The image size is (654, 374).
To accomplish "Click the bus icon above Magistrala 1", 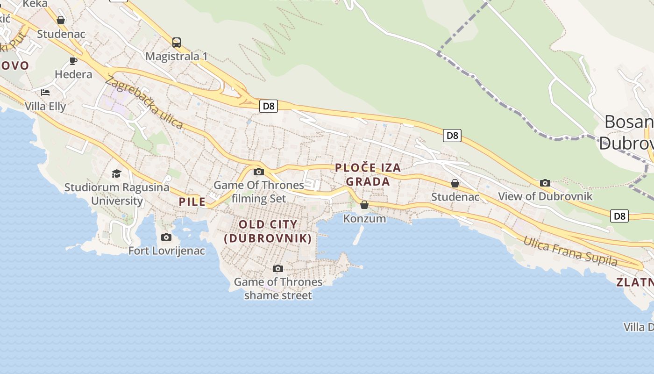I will tap(177, 43).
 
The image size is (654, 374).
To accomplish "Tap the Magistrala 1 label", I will tap(177, 57).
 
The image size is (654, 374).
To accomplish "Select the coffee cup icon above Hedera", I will tap(73, 61).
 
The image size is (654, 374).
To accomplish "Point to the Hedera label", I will tap(73, 74).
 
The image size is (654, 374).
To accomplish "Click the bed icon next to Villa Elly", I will tap(45, 93).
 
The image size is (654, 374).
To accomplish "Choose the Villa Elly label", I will tap(45, 106).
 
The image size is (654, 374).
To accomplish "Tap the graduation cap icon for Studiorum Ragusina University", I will tap(116, 174).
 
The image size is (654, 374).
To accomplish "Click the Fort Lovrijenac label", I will tap(167, 251).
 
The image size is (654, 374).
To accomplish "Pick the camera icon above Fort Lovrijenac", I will tap(166, 237).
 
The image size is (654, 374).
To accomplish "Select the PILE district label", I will tap(192, 202).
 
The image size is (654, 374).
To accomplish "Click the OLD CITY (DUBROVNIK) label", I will tap(268, 231).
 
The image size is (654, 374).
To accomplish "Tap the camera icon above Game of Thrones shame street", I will tap(278, 268).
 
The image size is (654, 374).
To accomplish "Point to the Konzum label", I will tap(364, 218).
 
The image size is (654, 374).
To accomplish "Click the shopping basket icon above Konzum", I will tap(364, 205).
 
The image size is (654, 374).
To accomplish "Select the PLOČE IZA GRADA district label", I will tap(368, 175).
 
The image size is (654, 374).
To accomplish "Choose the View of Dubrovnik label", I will tap(545, 196).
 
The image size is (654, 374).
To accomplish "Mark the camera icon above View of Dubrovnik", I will tap(545, 183).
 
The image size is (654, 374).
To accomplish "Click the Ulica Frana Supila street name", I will tap(570, 252).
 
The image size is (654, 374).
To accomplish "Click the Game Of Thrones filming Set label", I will tap(259, 192).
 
